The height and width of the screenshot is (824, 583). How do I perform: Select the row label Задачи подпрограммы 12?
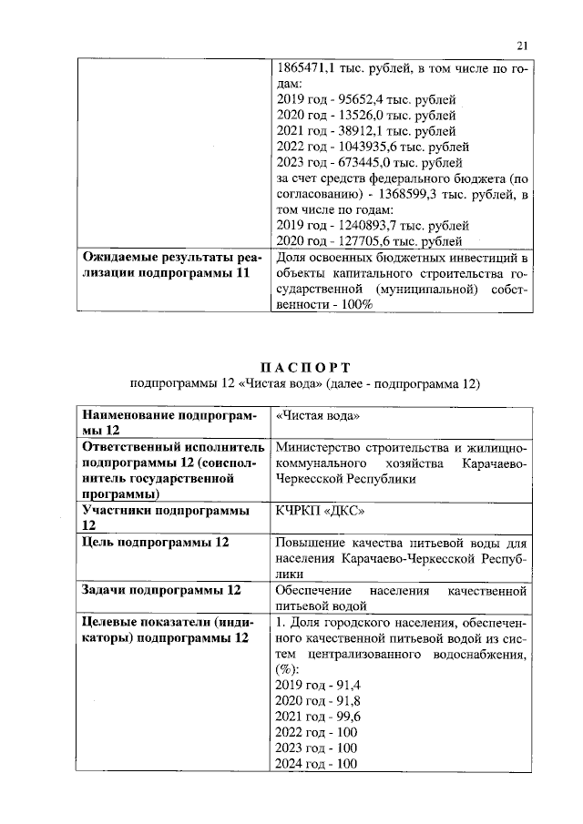click(161, 590)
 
